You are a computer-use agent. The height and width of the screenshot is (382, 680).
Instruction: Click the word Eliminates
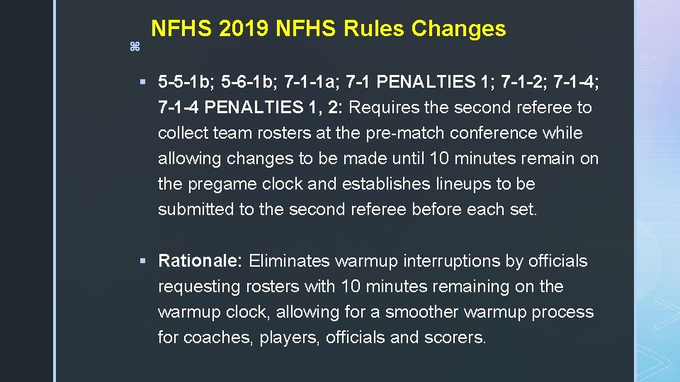click(x=289, y=261)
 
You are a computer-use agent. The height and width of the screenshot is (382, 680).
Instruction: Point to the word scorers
click(x=455, y=337)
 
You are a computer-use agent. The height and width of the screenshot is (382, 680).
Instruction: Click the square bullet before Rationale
click(x=143, y=261)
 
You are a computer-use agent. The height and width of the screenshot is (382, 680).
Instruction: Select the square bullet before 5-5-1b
click(x=143, y=83)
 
